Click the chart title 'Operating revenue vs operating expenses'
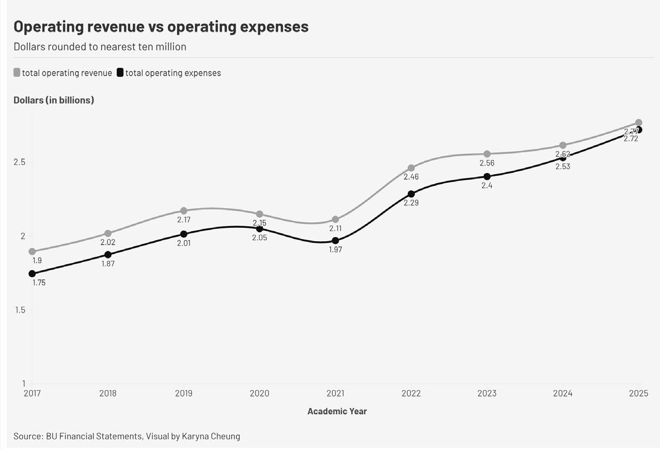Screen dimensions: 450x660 pyautogui.click(x=161, y=26)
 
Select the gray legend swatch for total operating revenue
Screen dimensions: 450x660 pyautogui.click(x=17, y=73)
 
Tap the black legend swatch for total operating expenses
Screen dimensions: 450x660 pyautogui.click(x=120, y=73)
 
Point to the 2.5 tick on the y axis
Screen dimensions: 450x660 pyautogui.click(x=20, y=162)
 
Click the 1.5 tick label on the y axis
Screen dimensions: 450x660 pyautogui.click(x=20, y=310)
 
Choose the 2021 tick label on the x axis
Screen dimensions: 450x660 pyautogui.click(x=335, y=393)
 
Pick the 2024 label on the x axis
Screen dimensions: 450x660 pyautogui.click(x=563, y=393)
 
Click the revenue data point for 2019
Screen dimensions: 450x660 pyautogui.click(x=183, y=211)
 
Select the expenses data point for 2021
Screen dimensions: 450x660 pyautogui.click(x=335, y=241)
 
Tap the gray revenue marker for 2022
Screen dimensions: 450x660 pyautogui.click(x=411, y=168)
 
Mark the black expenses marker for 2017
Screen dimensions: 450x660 pyautogui.click(x=32, y=274)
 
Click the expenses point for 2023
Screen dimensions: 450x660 pyautogui.click(x=487, y=177)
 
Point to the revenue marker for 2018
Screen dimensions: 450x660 pyautogui.click(x=108, y=233)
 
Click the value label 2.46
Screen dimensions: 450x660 pyautogui.click(x=411, y=177)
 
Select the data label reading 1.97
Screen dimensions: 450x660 pyautogui.click(x=335, y=250)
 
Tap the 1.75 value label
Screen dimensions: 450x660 pyautogui.click(x=39, y=283)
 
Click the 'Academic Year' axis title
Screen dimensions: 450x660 pyautogui.click(x=337, y=411)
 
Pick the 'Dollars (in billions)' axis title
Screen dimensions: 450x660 pyautogui.click(x=54, y=100)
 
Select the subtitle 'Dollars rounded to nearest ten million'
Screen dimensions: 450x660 pyautogui.click(x=100, y=46)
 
